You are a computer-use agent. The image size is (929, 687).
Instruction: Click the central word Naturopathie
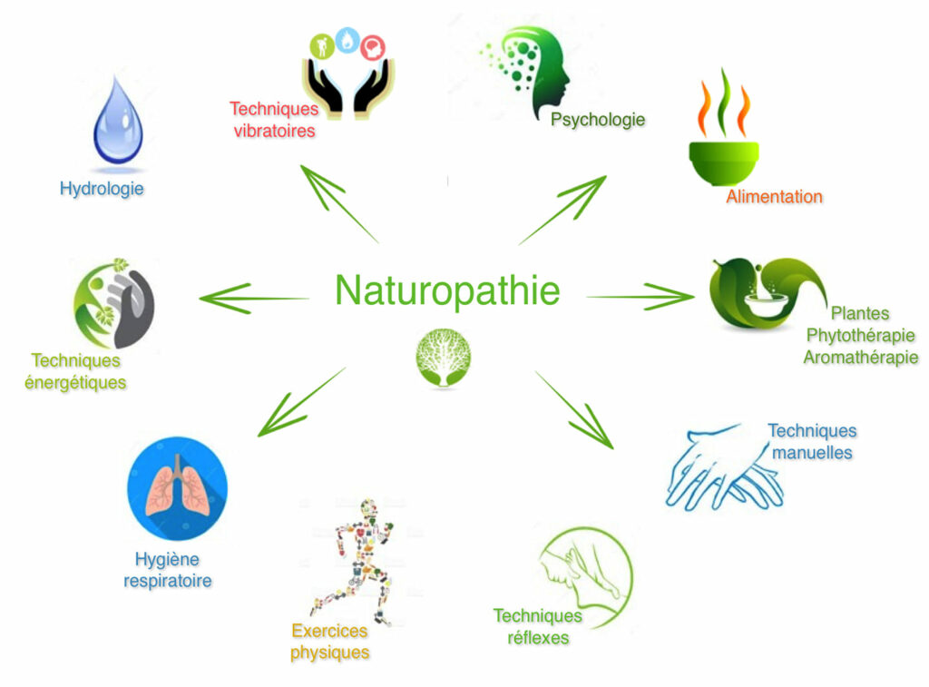(x=447, y=290)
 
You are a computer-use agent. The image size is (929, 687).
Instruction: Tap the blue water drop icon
(x=118, y=121)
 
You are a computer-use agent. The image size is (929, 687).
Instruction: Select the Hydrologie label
(x=102, y=189)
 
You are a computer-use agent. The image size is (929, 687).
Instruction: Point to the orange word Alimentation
(x=775, y=196)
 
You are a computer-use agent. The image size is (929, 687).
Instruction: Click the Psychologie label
(x=598, y=119)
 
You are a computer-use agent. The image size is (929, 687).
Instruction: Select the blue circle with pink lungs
(x=177, y=488)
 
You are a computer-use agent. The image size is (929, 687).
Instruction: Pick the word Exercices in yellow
(x=329, y=631)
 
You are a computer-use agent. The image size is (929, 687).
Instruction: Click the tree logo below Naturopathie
(x=443, y=358)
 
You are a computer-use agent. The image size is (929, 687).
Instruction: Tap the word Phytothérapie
(x=861, y=336)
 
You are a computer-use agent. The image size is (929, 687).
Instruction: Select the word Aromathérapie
(x=861, y=358)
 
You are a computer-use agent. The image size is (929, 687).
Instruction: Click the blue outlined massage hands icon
(x=726, y=468)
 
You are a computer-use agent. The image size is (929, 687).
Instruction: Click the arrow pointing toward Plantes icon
(x=641, y=297)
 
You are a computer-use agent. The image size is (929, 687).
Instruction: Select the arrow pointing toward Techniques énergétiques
(x=254, y=299)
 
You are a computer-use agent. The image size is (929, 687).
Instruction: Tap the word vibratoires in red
(x=274, y=131)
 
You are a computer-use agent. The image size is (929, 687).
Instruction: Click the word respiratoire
(x=168, y=580)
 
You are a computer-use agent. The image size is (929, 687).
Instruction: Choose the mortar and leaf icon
(x=768, y=293)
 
